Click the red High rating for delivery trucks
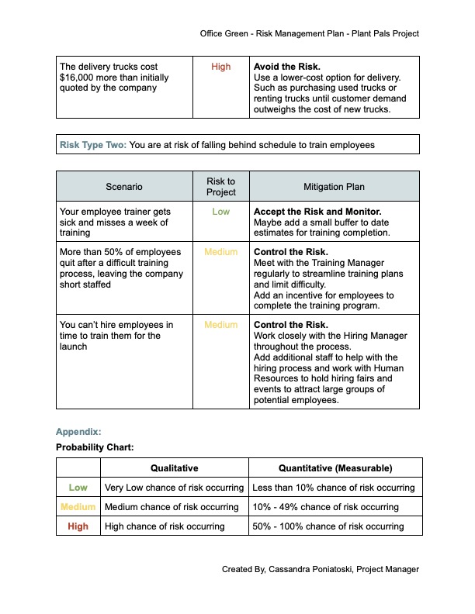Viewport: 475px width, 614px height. pos(221,67)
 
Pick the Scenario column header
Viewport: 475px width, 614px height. pos(124,187)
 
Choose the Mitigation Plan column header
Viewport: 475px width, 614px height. pos(334,187)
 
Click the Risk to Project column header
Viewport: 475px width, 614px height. pos(221,187)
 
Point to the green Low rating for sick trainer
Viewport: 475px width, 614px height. pos(221,211)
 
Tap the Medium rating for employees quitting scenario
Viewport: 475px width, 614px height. pos(221,252)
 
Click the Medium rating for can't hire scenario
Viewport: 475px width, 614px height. pos(221,325)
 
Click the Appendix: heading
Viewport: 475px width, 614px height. pos(78,432)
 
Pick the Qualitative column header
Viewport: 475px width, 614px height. pos(175,468)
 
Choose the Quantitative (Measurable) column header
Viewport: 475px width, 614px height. pos(335,468)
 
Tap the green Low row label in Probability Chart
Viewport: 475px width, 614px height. pos(78,488)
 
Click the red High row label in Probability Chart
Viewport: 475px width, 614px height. pos(78,526)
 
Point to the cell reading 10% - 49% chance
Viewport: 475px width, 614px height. pos(325,507)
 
